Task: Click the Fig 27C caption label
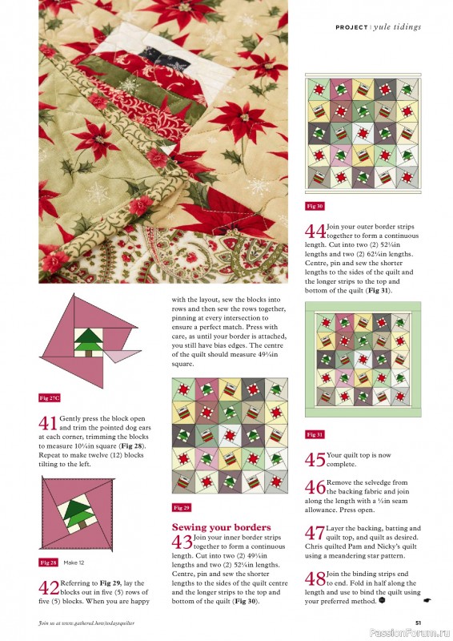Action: coord(50,397)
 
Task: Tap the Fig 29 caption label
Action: coord(182,507)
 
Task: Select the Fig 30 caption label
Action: coord(315,206)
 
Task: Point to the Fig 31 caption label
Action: coord(315,434)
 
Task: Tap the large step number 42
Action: coord(47,589)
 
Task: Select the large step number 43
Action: coord(181,543)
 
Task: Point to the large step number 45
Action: coord(315,460)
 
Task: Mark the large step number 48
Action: coord(315,579)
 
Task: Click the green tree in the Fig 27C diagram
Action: coord(84,339)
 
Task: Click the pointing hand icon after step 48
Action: coord(426,599)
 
